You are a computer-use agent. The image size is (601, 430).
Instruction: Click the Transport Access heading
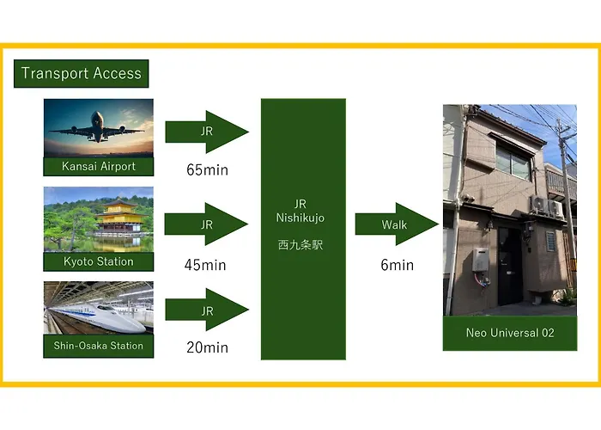tap(82, 73)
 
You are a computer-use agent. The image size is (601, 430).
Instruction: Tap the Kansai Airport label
tap(99, 167)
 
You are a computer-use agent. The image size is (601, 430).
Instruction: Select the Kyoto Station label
tap(99, 261)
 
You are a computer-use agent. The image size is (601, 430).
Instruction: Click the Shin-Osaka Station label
tap(99, 346)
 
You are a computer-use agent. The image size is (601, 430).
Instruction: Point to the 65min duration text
tap(208, 169)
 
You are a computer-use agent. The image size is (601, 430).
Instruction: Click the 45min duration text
tap(205, 265)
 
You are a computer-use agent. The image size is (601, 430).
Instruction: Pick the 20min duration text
tap(208, 347)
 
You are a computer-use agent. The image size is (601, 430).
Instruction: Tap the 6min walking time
tap(397, 265)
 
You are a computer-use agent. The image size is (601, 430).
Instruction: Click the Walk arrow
tap(397, 224)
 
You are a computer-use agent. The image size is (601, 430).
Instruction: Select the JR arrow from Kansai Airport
tap(207, 132)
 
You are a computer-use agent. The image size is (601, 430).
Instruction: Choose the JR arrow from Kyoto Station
tap(206, 224)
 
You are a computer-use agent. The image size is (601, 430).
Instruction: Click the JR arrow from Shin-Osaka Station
tap(207, 310)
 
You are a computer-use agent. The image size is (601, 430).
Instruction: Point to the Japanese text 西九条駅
tap(300, 245)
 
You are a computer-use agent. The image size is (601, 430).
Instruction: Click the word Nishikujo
tap(300, 218)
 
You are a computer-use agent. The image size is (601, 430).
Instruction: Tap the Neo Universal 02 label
tap(510, 333)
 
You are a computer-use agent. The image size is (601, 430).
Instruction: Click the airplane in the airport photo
tap(97, 127)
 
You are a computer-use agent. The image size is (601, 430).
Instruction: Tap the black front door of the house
tap(510, 266)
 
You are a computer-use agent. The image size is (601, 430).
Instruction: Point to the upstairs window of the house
tap(513, 162)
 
